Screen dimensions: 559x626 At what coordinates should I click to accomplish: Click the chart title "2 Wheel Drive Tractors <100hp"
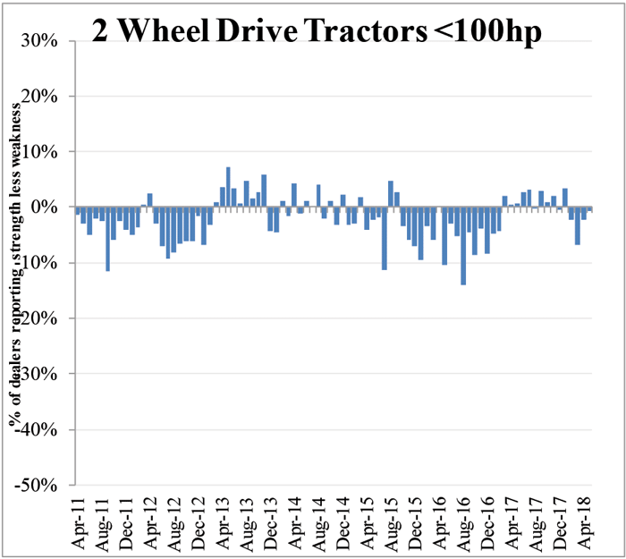click(x=317, y=33)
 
